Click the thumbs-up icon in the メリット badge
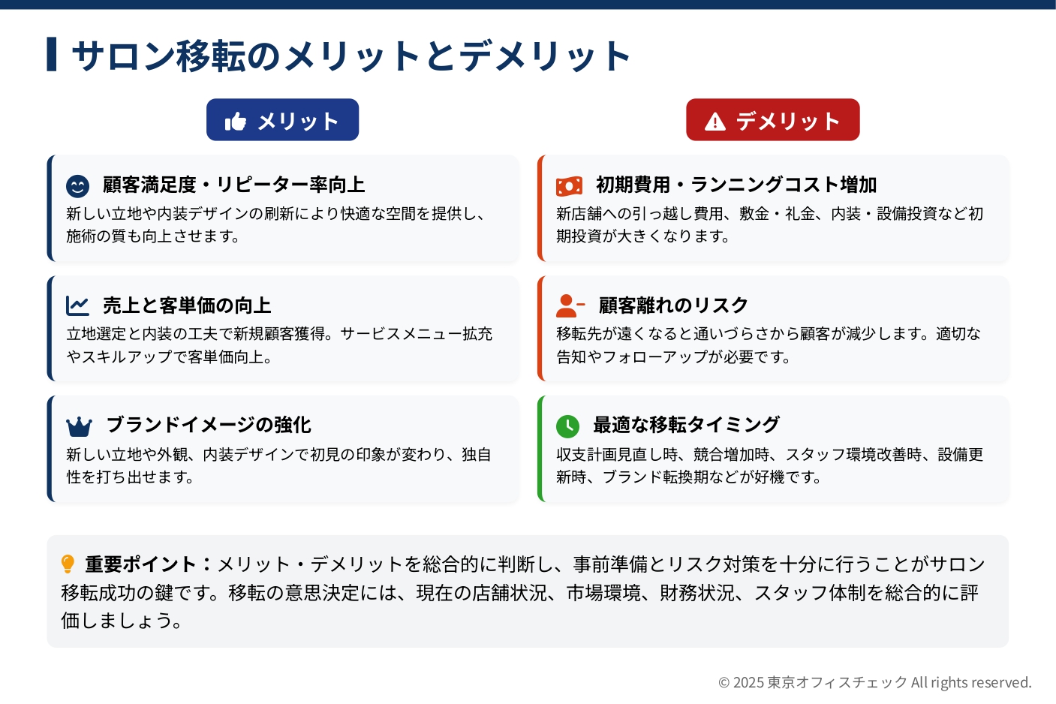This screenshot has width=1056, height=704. (236, 121)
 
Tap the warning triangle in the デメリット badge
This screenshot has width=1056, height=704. (715, 122)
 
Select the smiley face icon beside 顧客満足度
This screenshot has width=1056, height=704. (78, 186)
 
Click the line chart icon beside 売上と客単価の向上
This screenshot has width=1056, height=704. (77, 306)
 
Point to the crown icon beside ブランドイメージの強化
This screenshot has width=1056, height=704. (80, 427)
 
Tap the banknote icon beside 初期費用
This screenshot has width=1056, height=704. (569, 186)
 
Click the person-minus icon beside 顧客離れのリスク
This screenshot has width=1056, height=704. (570, 306)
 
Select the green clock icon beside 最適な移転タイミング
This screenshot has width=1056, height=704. (567, 427)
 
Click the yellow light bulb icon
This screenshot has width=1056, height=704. (68, 564)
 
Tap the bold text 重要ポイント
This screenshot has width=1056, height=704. (140, 564)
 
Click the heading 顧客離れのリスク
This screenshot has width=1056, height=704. (673, 305)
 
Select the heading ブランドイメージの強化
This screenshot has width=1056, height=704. (209, 425)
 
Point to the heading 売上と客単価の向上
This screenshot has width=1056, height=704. (187, 305)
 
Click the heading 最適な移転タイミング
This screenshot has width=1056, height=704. (687, 425)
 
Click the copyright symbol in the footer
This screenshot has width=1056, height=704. (724, 683)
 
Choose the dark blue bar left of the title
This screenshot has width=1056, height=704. (52, 54)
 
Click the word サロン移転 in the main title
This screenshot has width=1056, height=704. (158, 56)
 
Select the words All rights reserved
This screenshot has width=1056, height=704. (971, 682)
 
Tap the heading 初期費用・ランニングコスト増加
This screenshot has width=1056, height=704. (736, 185)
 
